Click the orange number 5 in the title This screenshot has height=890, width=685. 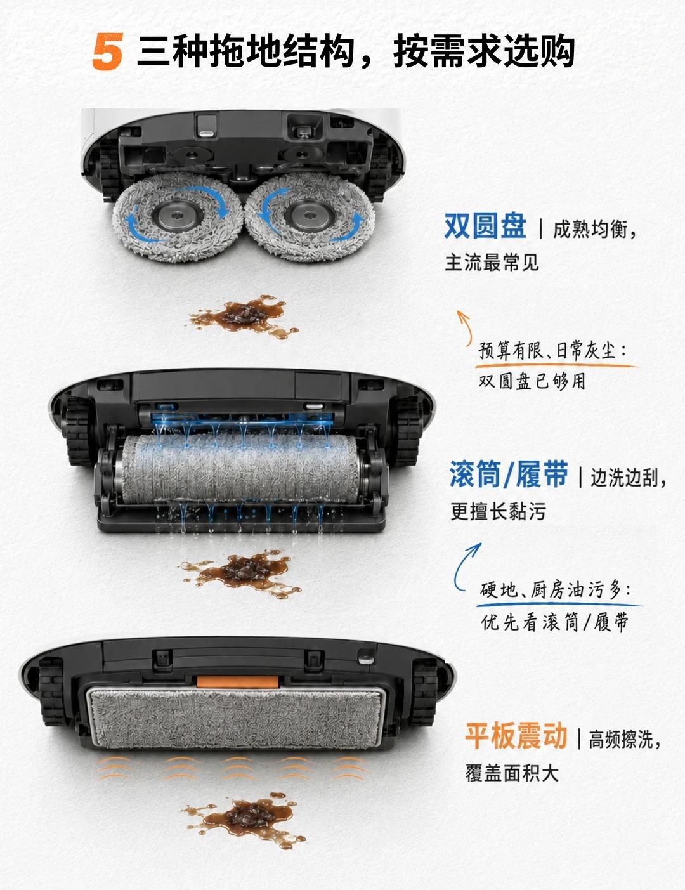(x=107, y=51)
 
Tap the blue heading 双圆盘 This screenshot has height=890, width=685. (x=485, y=226)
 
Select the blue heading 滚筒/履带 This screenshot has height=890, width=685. (x=509, y=474)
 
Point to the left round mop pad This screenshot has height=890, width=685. (x=178, y=216)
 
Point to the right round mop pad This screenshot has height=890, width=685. (x=310, y=216)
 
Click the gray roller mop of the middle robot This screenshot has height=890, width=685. (x=242, y=469)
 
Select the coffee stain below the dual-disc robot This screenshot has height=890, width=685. (x=244, y=316)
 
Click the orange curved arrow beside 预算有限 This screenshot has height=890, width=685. (x=465, y=328)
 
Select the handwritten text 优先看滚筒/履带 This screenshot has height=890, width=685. (x=554, y=622)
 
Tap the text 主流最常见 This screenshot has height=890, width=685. (x=492, y=262)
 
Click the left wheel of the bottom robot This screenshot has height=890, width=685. (x=52, y=691)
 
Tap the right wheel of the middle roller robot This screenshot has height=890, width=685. (x=407, y=430)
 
